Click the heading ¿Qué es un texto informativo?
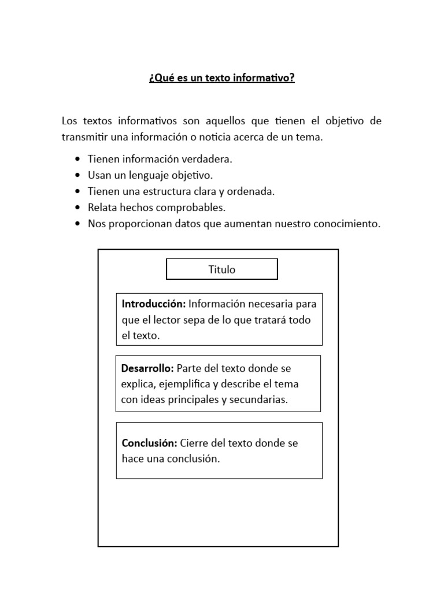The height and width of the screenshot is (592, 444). point(221,78)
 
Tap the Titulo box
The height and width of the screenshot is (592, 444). point(221,269)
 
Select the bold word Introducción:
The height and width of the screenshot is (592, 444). point(154,304)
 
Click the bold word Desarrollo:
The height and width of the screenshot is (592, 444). point(147,368)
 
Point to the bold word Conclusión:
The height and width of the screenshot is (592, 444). point(150,443)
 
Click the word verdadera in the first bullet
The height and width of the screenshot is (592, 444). point(208,159)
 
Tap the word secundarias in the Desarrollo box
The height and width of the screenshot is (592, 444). point(260,399)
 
